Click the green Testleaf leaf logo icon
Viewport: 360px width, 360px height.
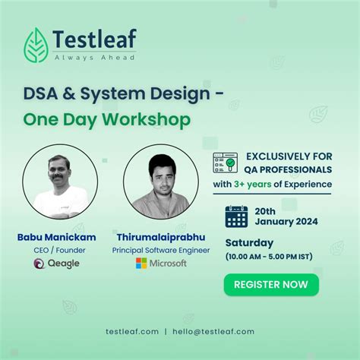tap(36, 44)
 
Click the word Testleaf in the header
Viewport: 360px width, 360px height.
tap(95, 39)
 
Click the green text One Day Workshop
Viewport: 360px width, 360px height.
tap(106, 120)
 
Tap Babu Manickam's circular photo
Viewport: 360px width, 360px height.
tap(60, 182)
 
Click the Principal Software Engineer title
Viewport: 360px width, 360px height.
tap(160, 249)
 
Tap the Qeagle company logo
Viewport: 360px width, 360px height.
tap(57, 264)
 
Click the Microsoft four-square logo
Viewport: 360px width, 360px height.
tap(141, 264)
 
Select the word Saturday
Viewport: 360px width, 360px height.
tap(249, 243)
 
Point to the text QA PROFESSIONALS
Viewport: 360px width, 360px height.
tap(288, 169)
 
